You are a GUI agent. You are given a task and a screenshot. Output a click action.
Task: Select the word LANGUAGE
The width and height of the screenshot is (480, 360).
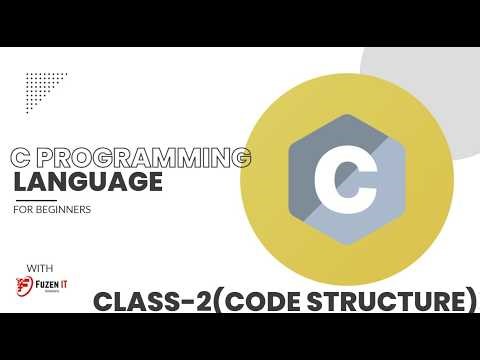[88, 183]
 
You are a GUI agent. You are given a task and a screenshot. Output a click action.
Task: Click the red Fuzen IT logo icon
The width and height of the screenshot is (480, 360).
[25, 287]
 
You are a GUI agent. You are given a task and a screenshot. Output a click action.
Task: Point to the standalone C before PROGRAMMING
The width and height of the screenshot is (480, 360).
[17, 159]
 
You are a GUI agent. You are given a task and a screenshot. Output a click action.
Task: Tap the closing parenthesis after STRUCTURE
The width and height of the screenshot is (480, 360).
[469, 300]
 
